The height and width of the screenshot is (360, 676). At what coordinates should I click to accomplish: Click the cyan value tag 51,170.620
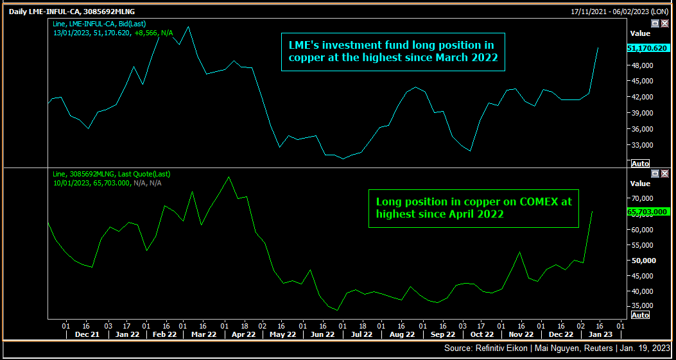pos(648,49)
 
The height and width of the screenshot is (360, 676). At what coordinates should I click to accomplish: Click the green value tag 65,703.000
pos(648,212)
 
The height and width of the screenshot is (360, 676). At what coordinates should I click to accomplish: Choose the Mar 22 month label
pos(205,334)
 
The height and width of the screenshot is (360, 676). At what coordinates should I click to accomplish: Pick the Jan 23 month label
pos(600,334)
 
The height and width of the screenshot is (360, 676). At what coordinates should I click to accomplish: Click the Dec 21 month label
pos(87,334)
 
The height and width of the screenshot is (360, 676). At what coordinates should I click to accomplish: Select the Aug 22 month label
pos(403,334)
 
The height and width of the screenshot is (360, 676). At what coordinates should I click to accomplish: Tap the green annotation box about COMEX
pos(473,208)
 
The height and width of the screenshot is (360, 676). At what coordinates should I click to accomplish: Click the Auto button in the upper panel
pos(640,164)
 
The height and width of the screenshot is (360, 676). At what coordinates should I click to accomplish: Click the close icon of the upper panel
pos(664,23)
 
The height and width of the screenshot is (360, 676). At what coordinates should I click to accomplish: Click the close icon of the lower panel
pos(664,174)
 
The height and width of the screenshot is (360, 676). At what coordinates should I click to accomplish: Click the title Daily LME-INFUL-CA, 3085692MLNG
pos(72,12)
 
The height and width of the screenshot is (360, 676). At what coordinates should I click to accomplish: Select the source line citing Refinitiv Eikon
pos(557,348)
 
